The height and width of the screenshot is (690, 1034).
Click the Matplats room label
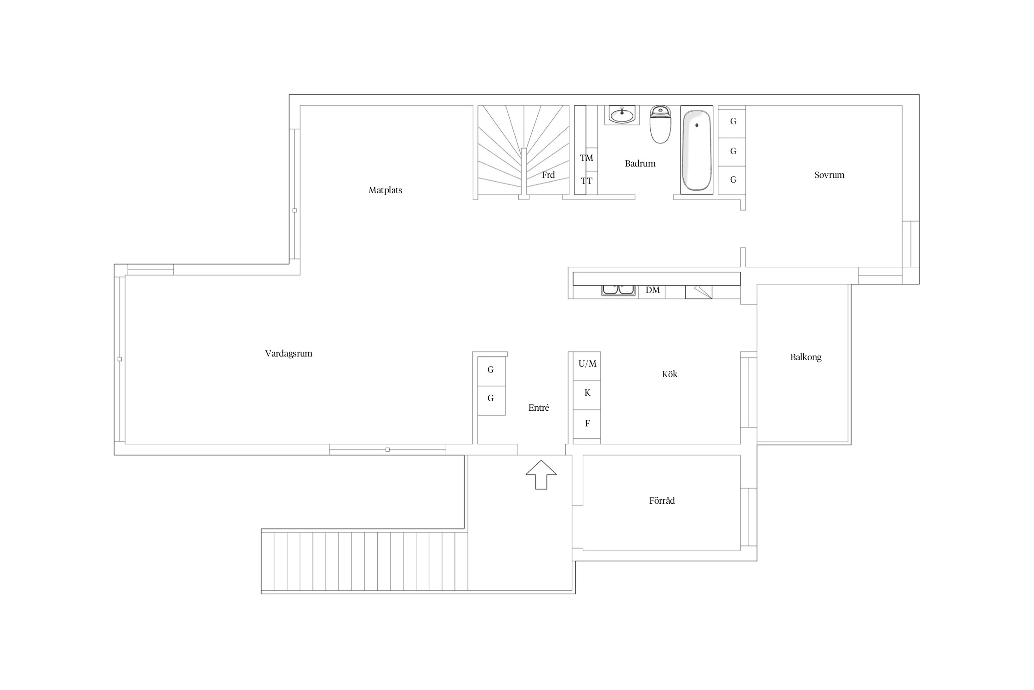click(385, 190)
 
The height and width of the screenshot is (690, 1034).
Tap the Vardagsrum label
click(289, 354)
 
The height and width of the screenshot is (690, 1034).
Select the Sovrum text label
click(829, 175)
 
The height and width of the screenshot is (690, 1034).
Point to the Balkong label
click(806, 357)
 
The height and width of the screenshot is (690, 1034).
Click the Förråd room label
click(662, 500)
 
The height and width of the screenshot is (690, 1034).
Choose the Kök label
click(670, 374)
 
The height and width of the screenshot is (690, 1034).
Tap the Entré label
click(539, 408)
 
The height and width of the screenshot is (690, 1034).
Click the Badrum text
click(640, 163)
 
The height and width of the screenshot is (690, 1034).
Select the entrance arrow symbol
click(541, 475)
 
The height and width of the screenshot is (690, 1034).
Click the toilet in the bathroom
click(660, 124)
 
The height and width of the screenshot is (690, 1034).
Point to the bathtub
click(697, 150)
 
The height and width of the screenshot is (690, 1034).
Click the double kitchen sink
click(619, 290)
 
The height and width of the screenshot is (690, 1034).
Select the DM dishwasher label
click(653, 290)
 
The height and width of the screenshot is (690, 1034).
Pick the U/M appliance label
click(587, 364)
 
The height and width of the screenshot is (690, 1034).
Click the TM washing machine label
click(586, 158)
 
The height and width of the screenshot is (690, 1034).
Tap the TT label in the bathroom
click(586, 181)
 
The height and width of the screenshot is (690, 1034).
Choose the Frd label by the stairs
click(548, 175)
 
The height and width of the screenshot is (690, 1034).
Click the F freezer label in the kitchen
click(587, 424)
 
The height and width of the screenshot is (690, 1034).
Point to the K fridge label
click(587, 393)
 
